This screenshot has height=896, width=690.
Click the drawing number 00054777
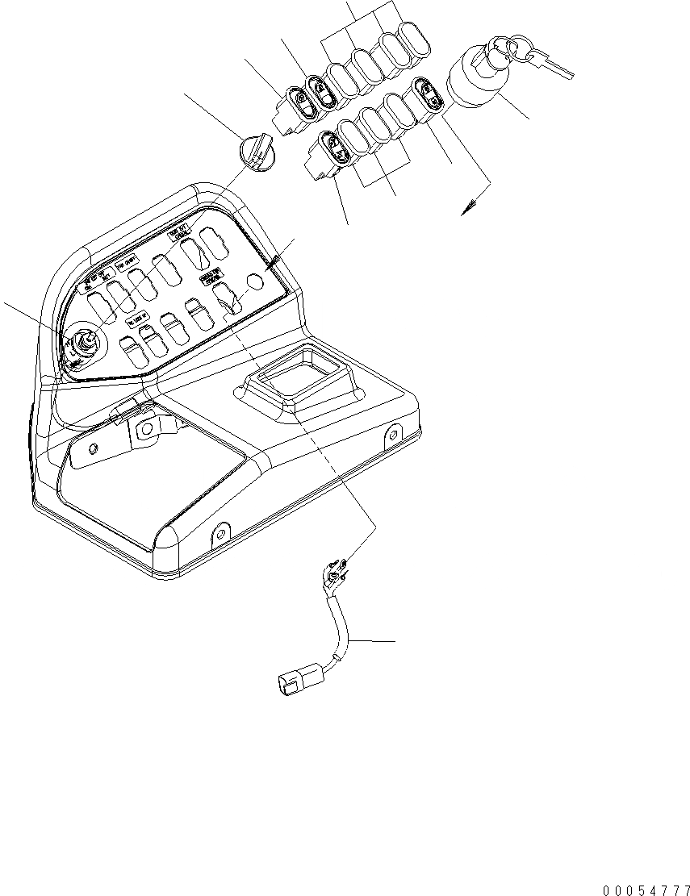(645, 889)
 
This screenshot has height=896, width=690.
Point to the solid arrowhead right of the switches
(466, 209)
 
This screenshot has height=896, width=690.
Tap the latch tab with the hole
(148, 427)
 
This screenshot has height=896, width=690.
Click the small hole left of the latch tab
(94, 448)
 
